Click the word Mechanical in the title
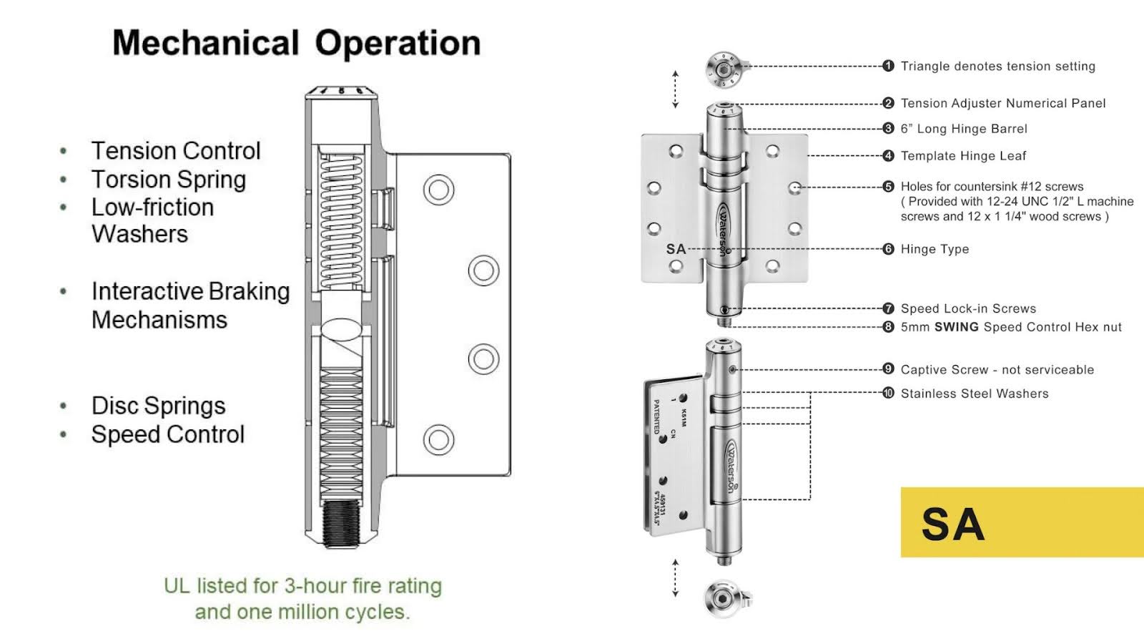click(205, 43)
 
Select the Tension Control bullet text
click(176, 151)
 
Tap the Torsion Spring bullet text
click(169, 180)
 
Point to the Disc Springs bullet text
click(158, 406)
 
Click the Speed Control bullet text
click(168, 434)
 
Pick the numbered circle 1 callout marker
click(888, 66)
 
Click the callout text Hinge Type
click(935, 249)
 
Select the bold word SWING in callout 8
click(956, 327)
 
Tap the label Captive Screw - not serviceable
click(997, 370)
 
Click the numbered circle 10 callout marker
click(888, 393)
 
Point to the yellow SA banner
click(1022, 522)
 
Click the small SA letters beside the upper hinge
click(676, 249)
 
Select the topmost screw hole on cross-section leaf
click(438, 190)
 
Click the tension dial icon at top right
click(724, 70)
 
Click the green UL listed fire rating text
click(302, 598)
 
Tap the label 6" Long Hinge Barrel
click(963, 129)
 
